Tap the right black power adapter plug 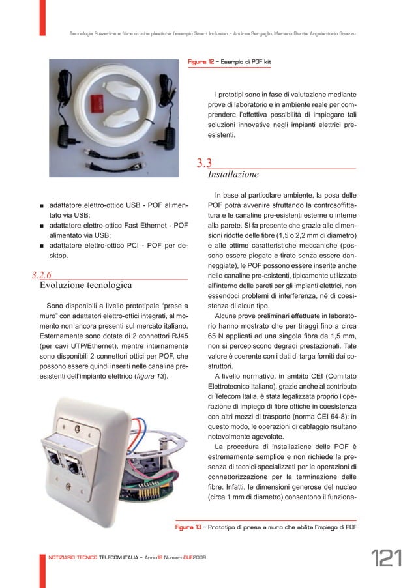tap(170, 136)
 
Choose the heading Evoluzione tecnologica tap(85, 286)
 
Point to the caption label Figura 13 tap(189, 526)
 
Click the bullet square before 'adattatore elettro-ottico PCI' tap(41, 248)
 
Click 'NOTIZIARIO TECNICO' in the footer tap(69, 562)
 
